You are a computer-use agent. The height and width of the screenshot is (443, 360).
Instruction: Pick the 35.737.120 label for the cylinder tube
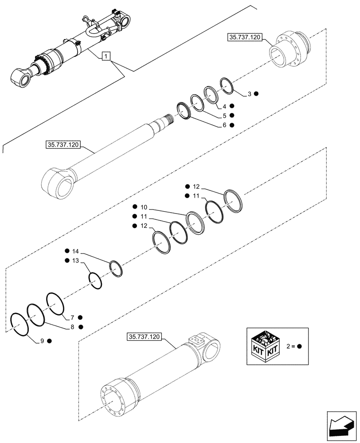click(x=144, y=337)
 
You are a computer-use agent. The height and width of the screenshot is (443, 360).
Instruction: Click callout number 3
click(x=250, y=94)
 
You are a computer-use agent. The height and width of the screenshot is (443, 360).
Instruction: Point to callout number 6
click(x=225, y=125)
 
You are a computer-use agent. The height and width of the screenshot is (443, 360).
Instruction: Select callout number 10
click(x=144, y=207)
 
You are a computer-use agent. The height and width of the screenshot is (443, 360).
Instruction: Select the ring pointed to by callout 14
click(x=116, y=268)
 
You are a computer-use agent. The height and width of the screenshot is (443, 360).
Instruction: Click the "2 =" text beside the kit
click(x=291, y=346)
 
